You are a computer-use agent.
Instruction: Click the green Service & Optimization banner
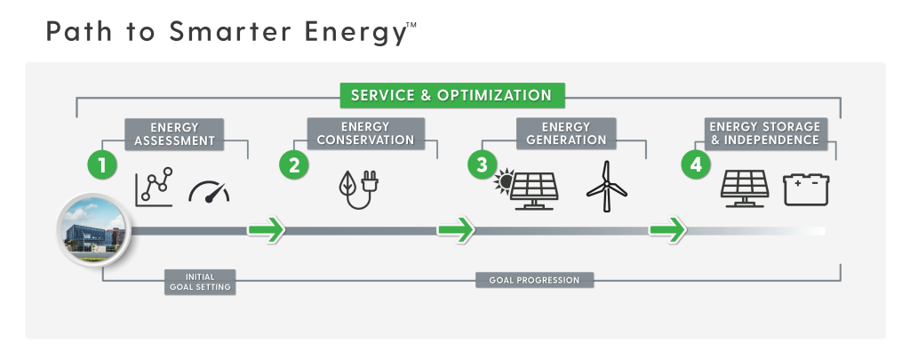tap(452, 95)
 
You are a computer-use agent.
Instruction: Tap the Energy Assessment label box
tap(174, 134)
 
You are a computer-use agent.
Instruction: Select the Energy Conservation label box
tap(365, 133)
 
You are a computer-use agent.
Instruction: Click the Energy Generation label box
tap(566, 133)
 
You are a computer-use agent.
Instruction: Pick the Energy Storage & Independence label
tap(765, 133)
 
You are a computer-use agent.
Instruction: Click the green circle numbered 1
tap(102, 165)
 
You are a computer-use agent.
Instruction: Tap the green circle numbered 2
tap(294, 165)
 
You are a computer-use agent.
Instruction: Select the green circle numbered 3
tap(483, 165)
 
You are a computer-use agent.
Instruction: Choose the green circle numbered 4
tap(695, 165)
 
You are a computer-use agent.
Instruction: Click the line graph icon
tap(155, 187)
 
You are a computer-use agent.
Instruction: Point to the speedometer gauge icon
tap(209, 192)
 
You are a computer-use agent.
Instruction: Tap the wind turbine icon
tap(606, 186)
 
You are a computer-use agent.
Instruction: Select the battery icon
tap(806, 189)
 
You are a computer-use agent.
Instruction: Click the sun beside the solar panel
tap(504, 180)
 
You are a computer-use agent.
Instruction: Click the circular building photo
tap(94, 230)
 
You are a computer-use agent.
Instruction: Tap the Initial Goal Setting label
tap(200, 282)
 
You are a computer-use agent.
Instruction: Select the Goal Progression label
tap(534, 280)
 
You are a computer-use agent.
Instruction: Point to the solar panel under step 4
tap(745, 188)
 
